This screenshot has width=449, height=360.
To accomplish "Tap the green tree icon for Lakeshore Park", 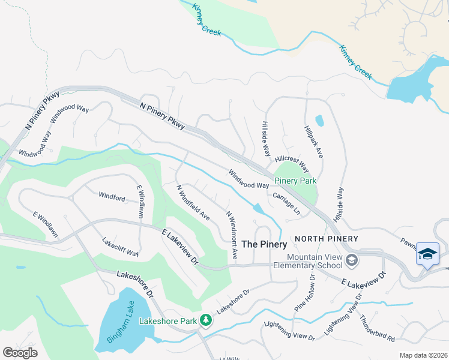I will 206,320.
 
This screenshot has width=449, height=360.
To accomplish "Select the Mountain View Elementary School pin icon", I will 352,259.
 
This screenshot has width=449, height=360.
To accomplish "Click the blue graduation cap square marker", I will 428,254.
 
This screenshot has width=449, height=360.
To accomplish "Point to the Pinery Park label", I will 295,181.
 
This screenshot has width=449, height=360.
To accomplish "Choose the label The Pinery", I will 264,244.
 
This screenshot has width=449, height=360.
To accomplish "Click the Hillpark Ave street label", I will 314,142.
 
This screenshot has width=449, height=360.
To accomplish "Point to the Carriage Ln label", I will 286,203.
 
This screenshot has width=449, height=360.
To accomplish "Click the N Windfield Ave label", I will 192,202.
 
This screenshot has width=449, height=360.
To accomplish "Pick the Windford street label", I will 112,196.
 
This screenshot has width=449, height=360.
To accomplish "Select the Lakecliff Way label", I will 121,245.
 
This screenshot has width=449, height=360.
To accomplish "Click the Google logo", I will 20,352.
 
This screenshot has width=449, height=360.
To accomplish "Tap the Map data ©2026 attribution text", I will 423,355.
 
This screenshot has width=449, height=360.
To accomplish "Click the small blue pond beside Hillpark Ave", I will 319,120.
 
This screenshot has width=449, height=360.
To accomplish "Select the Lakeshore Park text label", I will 168,321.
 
